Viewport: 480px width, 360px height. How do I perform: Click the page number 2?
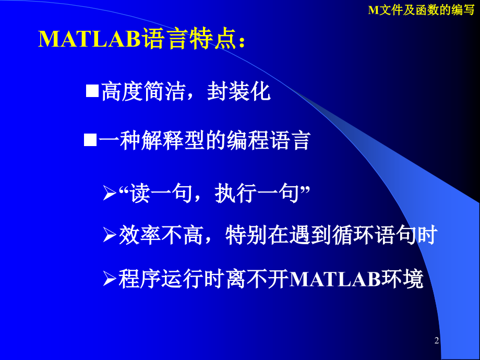tap(437, 340)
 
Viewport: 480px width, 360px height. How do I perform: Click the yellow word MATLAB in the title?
tap(89, 39)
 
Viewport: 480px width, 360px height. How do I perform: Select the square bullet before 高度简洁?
tap(92, 91)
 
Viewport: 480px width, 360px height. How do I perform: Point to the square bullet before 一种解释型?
tap(90, 140)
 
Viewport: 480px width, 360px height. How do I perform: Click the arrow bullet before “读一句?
tap(109, 193)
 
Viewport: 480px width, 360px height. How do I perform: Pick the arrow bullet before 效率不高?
tap(109, 235)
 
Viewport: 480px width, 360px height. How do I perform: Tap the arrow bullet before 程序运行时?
tap(109, 279)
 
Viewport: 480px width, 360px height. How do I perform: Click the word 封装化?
tap(239, 91)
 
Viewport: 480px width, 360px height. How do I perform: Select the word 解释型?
tap(173, 140)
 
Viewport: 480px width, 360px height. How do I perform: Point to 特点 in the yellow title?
tap(213, 39)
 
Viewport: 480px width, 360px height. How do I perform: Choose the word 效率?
tap(140, 235)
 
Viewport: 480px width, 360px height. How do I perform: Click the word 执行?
tap(236, 193)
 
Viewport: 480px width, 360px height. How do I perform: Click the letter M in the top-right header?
tap(374, 10)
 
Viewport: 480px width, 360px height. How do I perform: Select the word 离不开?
tap(258, 279)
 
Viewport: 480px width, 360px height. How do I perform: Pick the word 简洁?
tap(165, 91)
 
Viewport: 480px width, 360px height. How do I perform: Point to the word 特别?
tap(247, 235)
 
